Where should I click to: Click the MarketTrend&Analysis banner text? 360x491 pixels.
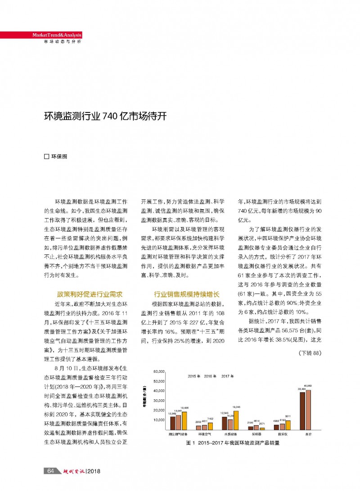(x=56, y=36)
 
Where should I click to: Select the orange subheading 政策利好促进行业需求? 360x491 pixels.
(x=90, y=295)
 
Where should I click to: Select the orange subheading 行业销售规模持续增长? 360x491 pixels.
(x=186, y=295)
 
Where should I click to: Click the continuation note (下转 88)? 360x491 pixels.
(x=310, y=353)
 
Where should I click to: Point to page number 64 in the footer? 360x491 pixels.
(x=51, y=471)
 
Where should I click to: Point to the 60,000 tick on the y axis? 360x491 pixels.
(x=159, y=371)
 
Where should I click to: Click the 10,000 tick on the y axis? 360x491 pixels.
(x=159, y=420)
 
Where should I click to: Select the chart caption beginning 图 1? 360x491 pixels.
(x=233, y=443)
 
